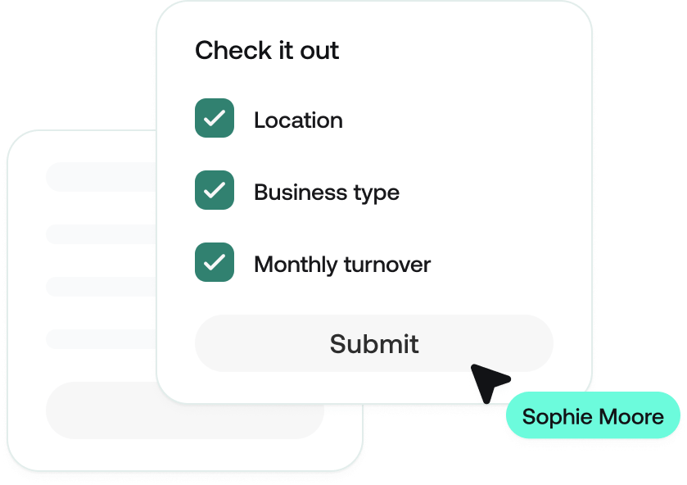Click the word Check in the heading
(x=224, y=51)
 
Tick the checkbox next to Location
(x=215, y=119)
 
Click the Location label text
(x=298, y=120)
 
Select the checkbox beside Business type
(x=215, y=191)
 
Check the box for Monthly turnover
(x=215, y=262)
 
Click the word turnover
(x=387, y=265)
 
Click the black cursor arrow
(x=488, y=380)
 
